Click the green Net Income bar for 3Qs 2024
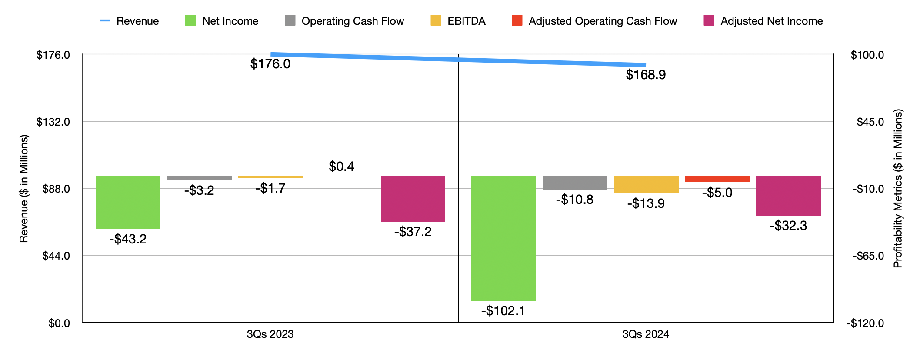(503, 238)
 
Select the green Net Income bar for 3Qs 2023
(128, 202)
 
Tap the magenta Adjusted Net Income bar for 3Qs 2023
(413, 199)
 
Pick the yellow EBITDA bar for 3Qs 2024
(646, 184)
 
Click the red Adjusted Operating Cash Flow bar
(717, 179)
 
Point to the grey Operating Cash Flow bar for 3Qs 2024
(574, 183)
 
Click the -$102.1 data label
(503, 311)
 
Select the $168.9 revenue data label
(646, 75)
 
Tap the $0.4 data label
(341, 167)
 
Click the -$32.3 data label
(788, 226)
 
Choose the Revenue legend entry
(129, 21)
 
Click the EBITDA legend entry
(458, 21)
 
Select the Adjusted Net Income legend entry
(763, 21)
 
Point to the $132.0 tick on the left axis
(53, 122)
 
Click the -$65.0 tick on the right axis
(868, 256)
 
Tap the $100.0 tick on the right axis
(867, 55)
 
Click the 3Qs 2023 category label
(270, 334)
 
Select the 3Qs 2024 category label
(646, 334)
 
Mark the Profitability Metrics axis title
(898, 188)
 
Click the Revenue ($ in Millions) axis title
(23, 188)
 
